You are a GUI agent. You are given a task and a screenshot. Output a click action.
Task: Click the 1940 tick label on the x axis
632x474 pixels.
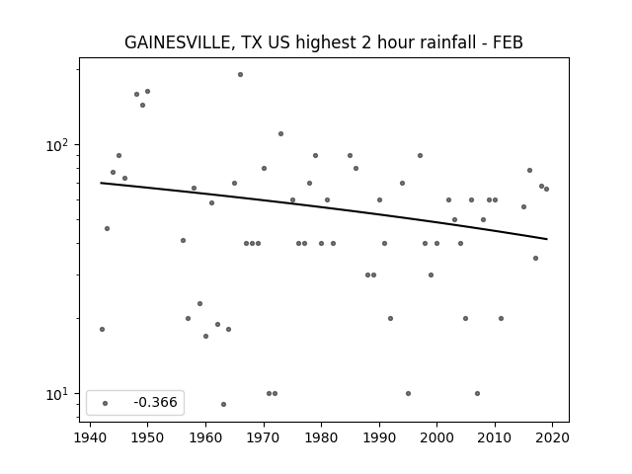point(90,437)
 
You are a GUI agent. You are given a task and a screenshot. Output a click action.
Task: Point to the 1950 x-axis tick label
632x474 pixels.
point(147,437)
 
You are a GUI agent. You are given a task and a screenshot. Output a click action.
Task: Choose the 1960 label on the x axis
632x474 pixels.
point(205,437)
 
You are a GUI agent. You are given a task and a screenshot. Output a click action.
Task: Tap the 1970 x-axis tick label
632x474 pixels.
point(264,437)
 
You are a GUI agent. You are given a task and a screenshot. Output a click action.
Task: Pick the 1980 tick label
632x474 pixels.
point(321,437)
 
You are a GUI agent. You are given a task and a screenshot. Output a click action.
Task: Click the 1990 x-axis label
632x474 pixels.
point(379,437)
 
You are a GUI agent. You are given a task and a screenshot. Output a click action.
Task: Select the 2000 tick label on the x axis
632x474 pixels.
point(436,437)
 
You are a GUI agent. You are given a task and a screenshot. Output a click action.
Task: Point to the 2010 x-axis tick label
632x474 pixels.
point(495,437)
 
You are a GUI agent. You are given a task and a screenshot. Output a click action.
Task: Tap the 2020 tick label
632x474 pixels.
point(552,437)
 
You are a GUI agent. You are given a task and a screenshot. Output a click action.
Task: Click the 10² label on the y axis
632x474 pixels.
point(60,145)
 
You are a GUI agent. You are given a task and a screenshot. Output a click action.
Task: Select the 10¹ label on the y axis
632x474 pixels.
point(60,394)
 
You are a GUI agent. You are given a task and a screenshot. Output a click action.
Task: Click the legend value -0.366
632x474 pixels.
point(155,402)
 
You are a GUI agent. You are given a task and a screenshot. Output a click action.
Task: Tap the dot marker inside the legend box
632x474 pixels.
point(106,403)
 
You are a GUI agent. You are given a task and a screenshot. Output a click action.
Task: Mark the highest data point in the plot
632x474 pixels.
point(240,75)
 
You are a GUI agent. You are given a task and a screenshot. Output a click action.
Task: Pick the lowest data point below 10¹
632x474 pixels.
point(224,404)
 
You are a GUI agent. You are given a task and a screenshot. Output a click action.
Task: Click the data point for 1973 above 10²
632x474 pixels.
point(280,134)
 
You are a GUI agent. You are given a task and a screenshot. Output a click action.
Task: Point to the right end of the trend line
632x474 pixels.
point(547,239)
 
